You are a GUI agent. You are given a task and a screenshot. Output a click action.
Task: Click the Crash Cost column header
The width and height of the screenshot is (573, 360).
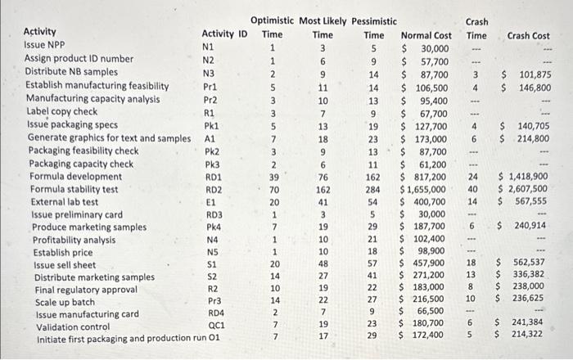tap(528, 36)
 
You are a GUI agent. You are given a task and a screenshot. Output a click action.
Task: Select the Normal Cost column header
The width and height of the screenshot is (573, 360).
tap(426, 36)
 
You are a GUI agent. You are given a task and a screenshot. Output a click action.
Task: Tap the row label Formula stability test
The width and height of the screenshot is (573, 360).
tap(79, 189)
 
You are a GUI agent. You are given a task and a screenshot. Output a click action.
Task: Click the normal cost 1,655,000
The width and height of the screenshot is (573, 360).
tap(425, 190)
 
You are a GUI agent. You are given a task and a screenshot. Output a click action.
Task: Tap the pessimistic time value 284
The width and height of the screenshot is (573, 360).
tap(373, 190)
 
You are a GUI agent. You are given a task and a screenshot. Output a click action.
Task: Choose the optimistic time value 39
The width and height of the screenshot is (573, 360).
tap(273, 177)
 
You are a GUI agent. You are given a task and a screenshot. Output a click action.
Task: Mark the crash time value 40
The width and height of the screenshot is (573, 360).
tap(473, 189)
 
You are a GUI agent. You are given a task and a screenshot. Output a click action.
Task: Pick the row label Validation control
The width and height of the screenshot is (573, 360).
tap(73, 326)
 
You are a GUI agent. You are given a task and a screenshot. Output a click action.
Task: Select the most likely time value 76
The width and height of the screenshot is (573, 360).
tap(323, 177)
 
